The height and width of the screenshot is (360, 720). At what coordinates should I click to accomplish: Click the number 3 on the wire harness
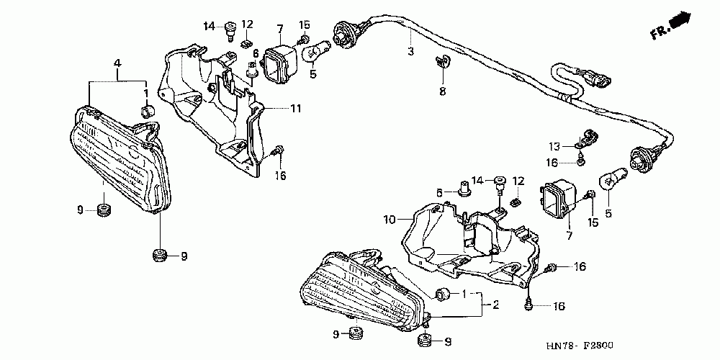pos(411,52)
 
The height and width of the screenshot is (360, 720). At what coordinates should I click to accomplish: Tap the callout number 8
pos(443,91)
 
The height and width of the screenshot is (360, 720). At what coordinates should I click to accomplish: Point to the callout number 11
pos(296,109)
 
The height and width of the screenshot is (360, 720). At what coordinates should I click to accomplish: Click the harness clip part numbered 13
pos(588,135)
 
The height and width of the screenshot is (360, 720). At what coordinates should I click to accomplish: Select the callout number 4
pos(117,65)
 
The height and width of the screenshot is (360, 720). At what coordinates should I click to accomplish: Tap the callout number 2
pos(495,305)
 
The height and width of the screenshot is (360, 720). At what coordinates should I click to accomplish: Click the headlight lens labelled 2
pos(360,292)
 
